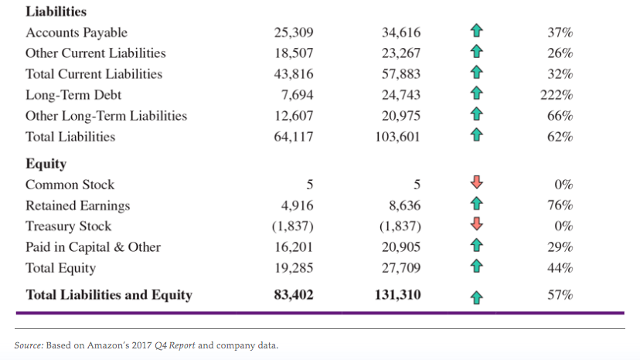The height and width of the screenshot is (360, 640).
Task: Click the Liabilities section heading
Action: (56, 12)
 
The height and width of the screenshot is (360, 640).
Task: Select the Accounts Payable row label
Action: (77, 32)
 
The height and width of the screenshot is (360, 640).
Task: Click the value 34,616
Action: (401, 32)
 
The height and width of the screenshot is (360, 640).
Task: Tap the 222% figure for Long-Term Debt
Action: (557, 95)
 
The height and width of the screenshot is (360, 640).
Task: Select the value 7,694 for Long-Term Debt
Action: (295, 95)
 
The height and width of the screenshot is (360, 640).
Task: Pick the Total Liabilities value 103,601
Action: (397, 137)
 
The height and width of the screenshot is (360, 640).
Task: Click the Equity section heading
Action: (46, 164)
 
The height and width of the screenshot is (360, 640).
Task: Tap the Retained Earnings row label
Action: (77, 205)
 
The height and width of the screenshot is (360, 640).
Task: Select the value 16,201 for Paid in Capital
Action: (294, 247)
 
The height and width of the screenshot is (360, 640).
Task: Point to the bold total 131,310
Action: (397, 295)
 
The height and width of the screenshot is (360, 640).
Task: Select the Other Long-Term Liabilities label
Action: (106, 116)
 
